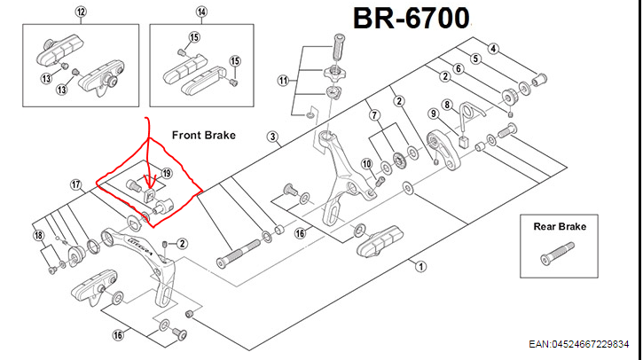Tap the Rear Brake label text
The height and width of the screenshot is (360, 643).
coord(561,226)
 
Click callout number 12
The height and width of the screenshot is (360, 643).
coord(82,12)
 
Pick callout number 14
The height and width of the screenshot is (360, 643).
coord(201,12)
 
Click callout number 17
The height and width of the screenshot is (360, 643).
coord(77,184)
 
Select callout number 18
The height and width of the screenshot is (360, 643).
coord(37,237)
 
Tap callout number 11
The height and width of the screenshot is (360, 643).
coord(284,81)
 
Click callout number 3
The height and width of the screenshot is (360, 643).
coord(273,137)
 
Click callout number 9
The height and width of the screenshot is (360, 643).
coord(433,113)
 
